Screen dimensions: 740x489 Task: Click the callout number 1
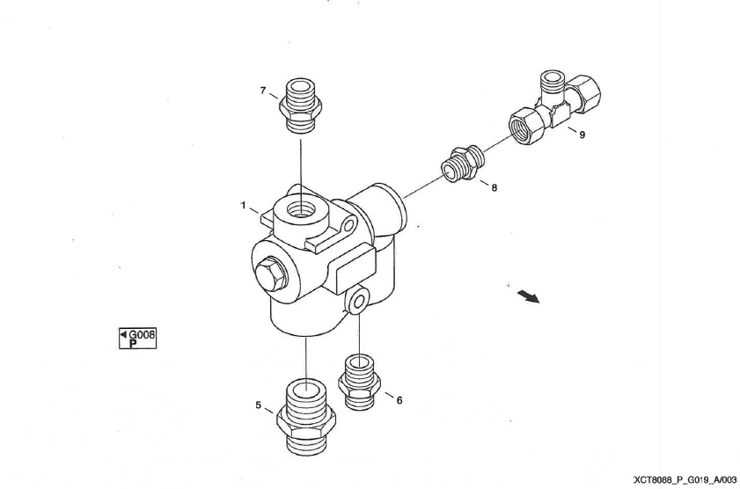[x=243, y=205]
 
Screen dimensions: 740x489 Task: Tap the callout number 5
[x=258, y=405]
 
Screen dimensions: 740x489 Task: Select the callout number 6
[x=399, y=400]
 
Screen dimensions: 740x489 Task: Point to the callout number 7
[x=263, y=91]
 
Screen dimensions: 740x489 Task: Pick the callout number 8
[x=495, y=187]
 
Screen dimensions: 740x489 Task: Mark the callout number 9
[x=582, y=135]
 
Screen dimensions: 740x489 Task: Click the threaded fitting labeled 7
[x=300, y=106]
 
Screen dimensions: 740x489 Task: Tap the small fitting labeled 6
[x=359, y=383]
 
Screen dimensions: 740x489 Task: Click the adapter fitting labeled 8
[x=463, y=164]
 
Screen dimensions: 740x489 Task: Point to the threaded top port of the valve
[x=301, y=207]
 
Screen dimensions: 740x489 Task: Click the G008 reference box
[x=137, y=338]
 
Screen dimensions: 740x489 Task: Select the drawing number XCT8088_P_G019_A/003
[x=685, y=480]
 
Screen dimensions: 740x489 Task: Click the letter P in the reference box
[x=133, y=344]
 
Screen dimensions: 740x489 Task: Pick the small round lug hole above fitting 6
[x=360, y=301]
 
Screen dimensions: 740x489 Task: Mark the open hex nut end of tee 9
[x=524, y=125]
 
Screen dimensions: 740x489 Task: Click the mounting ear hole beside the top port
[x=348, y=225]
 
